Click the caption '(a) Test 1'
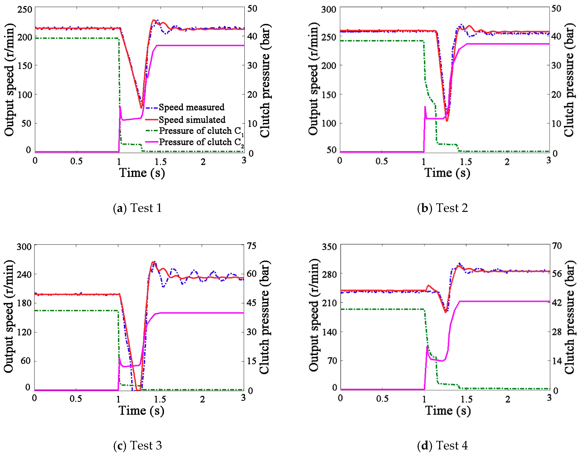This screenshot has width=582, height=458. click(138, 208)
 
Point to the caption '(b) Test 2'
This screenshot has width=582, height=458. click(442, 208)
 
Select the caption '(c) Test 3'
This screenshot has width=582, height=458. click(138, 445)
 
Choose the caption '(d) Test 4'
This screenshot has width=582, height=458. click(442, 445)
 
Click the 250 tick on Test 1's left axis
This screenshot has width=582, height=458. click(25, 10)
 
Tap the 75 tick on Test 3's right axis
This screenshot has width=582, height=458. click(252, 246)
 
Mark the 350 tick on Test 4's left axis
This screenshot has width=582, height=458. click(329, 247)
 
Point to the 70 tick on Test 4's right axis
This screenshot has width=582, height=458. click(557, 246)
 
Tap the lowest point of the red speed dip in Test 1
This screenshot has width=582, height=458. click(141, 108)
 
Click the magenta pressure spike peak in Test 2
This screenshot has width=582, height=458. click(425, 107)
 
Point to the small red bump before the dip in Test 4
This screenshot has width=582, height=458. click(428, 286)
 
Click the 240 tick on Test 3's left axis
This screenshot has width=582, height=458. click(24, 275)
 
